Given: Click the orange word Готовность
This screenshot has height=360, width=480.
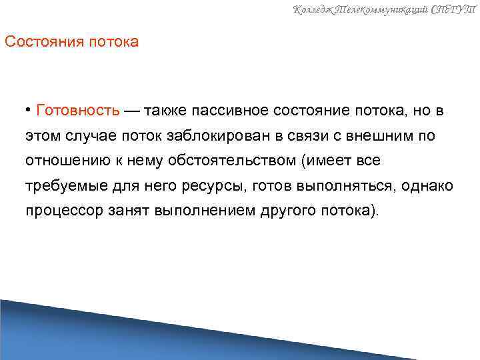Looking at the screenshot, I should click(79, 109).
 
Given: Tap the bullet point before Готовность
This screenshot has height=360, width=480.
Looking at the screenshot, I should click(30, 109).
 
